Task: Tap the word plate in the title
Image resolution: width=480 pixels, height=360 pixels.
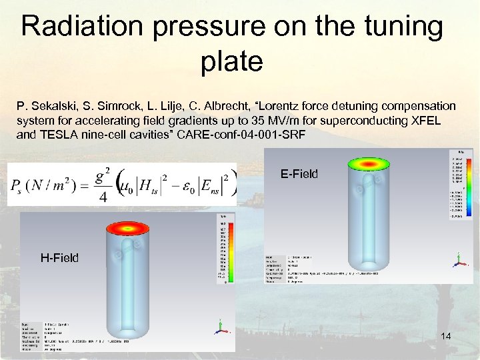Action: point(231,62)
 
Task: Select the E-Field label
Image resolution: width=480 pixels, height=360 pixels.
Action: point(299,175)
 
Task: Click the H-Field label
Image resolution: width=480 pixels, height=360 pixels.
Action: point(59,257)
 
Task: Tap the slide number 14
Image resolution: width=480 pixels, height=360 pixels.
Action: point(446,337)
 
